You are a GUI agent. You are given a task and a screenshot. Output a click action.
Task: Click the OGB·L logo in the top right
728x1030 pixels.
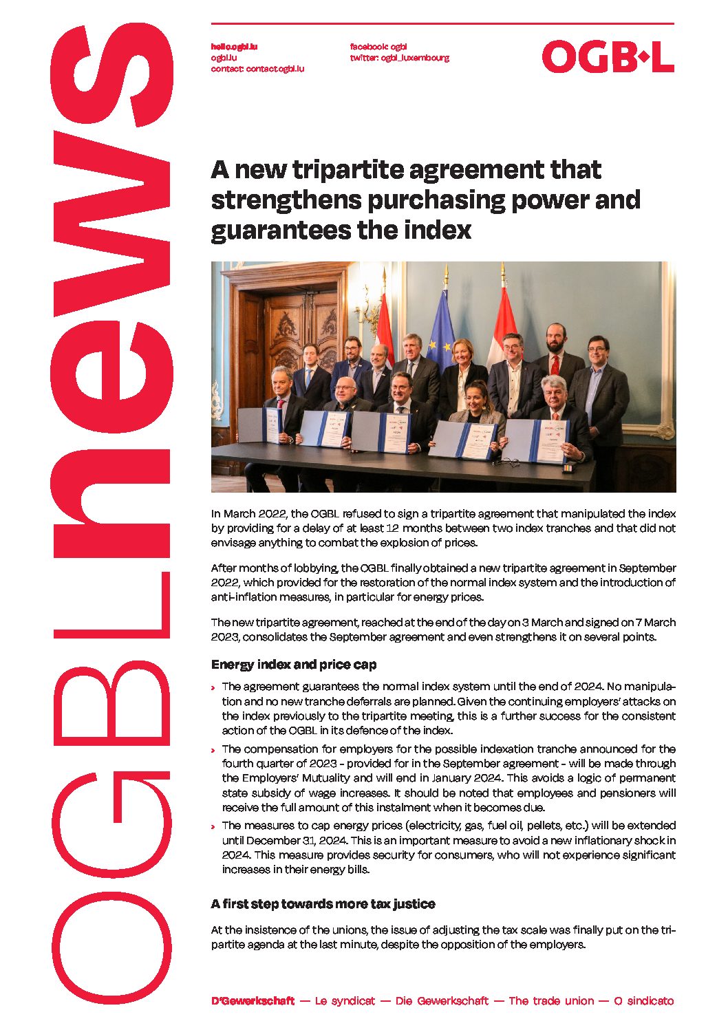608,56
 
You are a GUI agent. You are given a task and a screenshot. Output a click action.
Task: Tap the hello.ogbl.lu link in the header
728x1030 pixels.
234,47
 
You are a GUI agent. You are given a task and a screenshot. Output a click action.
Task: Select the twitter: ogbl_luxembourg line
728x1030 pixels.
399,58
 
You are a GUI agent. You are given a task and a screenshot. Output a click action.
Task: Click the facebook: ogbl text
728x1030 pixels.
378,47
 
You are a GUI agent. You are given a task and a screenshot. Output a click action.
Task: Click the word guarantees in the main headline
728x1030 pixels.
274,230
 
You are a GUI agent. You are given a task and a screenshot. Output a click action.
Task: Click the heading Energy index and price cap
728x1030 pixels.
294,665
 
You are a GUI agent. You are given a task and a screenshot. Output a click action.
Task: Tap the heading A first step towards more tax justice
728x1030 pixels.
323,904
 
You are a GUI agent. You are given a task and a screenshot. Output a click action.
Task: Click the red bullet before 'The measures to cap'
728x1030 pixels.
213,826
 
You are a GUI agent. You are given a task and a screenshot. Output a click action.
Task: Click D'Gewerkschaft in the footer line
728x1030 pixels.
253,1001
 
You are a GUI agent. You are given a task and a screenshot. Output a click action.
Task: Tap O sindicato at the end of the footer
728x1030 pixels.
643,1001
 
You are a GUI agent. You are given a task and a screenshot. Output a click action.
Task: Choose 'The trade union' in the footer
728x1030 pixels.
551,1001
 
